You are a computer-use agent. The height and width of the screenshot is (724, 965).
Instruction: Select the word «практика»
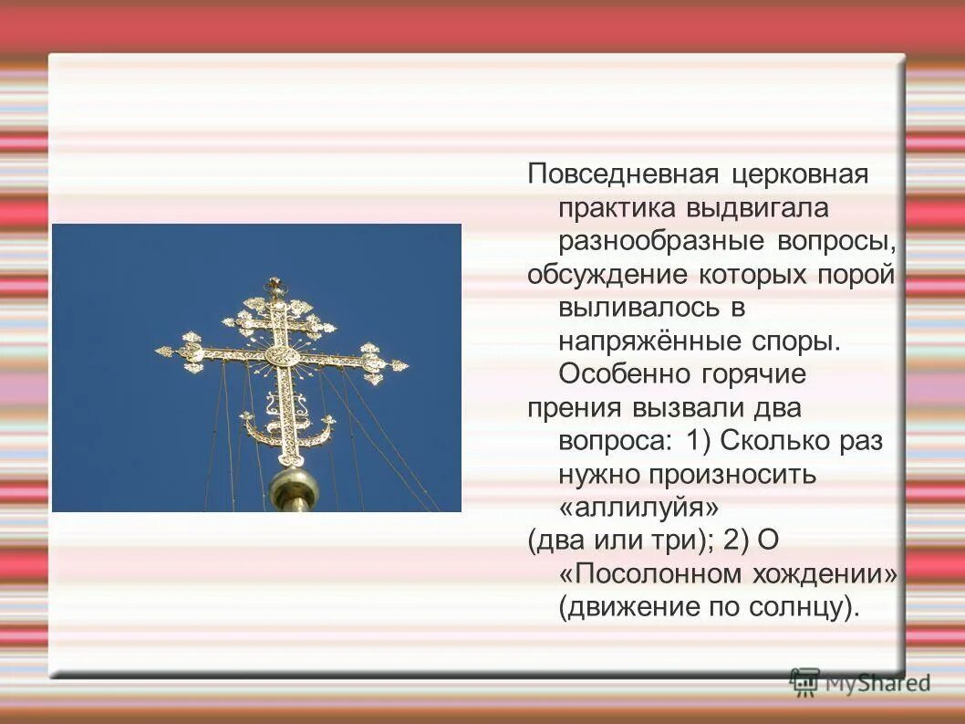click(616, 208)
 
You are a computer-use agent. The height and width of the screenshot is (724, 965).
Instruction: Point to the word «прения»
click(572, 407)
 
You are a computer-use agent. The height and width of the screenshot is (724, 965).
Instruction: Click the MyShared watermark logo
click(860, 681)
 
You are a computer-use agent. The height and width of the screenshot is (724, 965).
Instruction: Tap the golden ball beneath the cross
click(294, 489)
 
